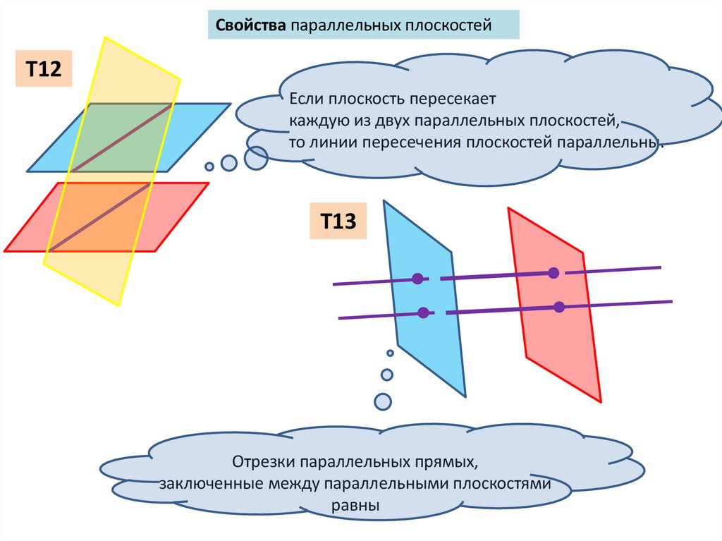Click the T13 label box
[x=337, y=221]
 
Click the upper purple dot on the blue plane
[x=417, y=279]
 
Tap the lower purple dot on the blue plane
[x=423, y=312]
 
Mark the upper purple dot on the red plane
[x=553, y=273]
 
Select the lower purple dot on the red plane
[x=559, y=307]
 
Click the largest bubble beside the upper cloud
[x=256, y=158]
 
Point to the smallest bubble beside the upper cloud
[x=209, y=166]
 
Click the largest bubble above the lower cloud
[x=382, y=401]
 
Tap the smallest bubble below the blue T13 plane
[x=390, y=353]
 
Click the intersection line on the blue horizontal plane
[x=121, y=138]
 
